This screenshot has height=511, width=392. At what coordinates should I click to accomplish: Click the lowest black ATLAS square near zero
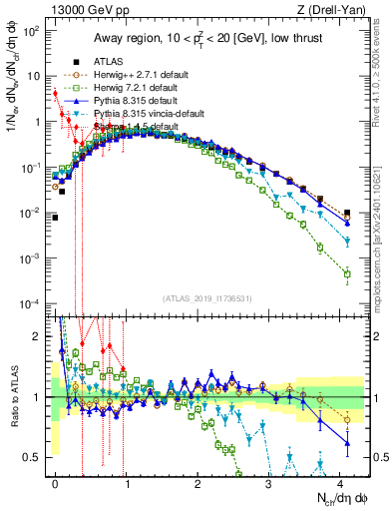(55, 217)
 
